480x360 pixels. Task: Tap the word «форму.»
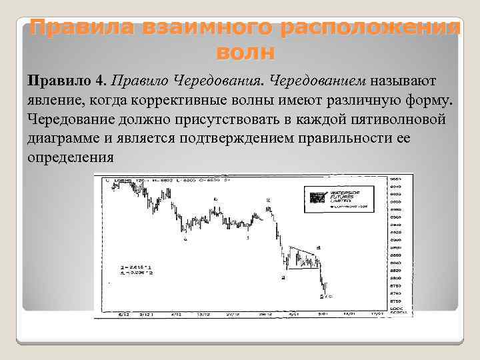[x=431, y=101]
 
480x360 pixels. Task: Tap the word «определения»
[x=71, y=158]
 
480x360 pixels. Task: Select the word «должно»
[x=148, y=120]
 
